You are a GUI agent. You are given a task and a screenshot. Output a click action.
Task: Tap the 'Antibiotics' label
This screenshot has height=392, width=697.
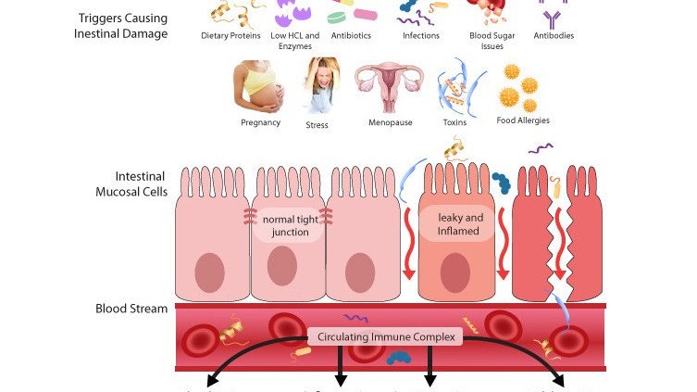tap(352, 36)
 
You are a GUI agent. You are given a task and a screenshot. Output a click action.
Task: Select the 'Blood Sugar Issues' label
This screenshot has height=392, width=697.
tap(487, 40)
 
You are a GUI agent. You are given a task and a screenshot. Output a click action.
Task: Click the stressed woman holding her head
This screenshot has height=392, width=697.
tap(320, 86)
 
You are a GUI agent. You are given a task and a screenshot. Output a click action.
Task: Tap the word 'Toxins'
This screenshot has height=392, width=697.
tap(455, 122)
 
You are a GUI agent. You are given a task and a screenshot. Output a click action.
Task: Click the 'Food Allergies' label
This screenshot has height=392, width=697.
tap(522, 120)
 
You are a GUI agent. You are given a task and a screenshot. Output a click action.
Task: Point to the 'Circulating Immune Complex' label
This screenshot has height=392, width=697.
tap(386, 337)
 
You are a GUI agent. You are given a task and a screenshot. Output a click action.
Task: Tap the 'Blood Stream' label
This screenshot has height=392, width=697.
tap(131, 309)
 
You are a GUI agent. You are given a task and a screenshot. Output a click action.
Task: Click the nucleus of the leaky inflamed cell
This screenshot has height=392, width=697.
tap(454, 272)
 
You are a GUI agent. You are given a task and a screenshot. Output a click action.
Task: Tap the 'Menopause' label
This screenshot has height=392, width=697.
tap(390, 122)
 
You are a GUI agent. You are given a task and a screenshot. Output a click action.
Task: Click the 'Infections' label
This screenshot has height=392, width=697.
tap(421, 36)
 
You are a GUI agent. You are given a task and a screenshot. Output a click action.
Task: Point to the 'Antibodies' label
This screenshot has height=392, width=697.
tap(554, 36)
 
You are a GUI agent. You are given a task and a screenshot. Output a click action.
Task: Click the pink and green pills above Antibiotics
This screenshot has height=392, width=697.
tap(353, 13)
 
